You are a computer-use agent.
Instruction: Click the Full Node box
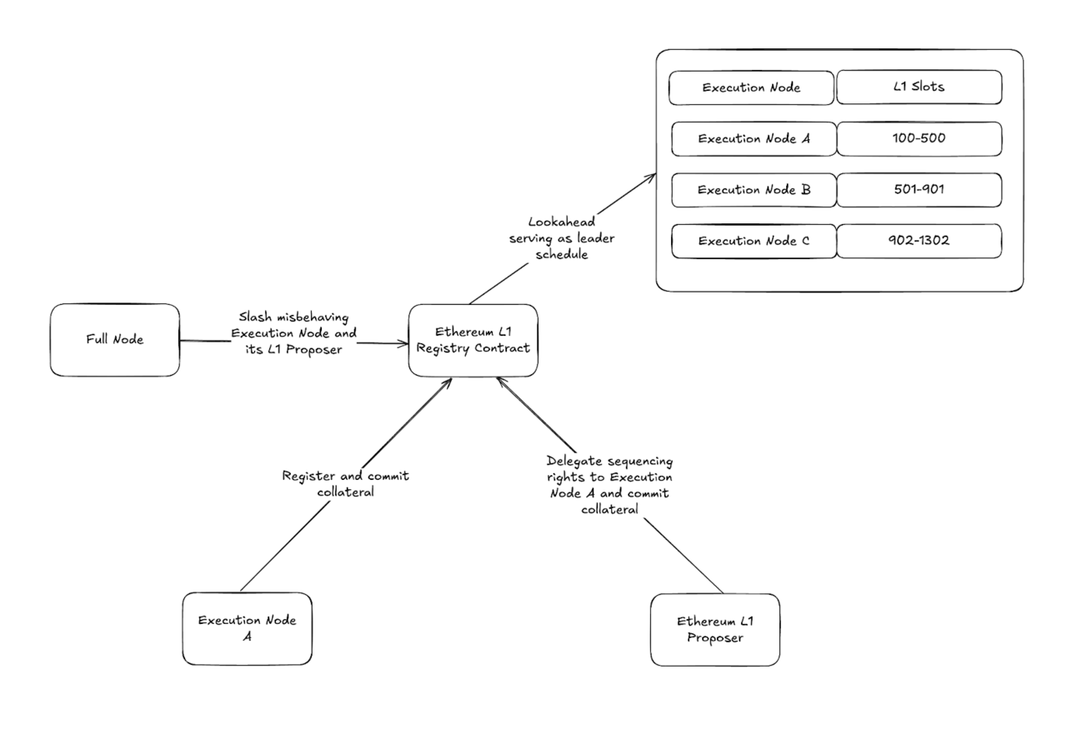(x=115, y=340)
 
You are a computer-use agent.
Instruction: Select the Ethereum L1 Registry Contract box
(x=473, y=340)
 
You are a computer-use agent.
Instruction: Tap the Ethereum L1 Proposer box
(x=715, y=630)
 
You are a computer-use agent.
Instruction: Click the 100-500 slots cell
(x=919, y=139)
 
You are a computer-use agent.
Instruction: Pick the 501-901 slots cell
(x=919, y=190)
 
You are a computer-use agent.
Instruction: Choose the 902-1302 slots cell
(x=919, y=241)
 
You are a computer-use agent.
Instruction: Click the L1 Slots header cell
(x=919, y=87)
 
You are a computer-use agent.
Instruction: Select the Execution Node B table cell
(x=754, y=190)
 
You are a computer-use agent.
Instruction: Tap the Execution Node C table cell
(x=754, y=241)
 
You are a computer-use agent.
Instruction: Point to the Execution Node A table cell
(x=754, y=139)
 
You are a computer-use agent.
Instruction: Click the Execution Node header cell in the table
(x=752, y=87)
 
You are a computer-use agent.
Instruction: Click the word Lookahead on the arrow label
(x=562, y=222)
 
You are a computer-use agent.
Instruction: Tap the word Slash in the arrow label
(x=255, y=317)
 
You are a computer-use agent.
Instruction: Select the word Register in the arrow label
(x=308, y=477)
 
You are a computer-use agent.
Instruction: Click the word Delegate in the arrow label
(x=574, y=462)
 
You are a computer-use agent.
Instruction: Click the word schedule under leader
(x=562, y=254)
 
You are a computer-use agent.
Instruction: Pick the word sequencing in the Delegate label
(x=640, y=462)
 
